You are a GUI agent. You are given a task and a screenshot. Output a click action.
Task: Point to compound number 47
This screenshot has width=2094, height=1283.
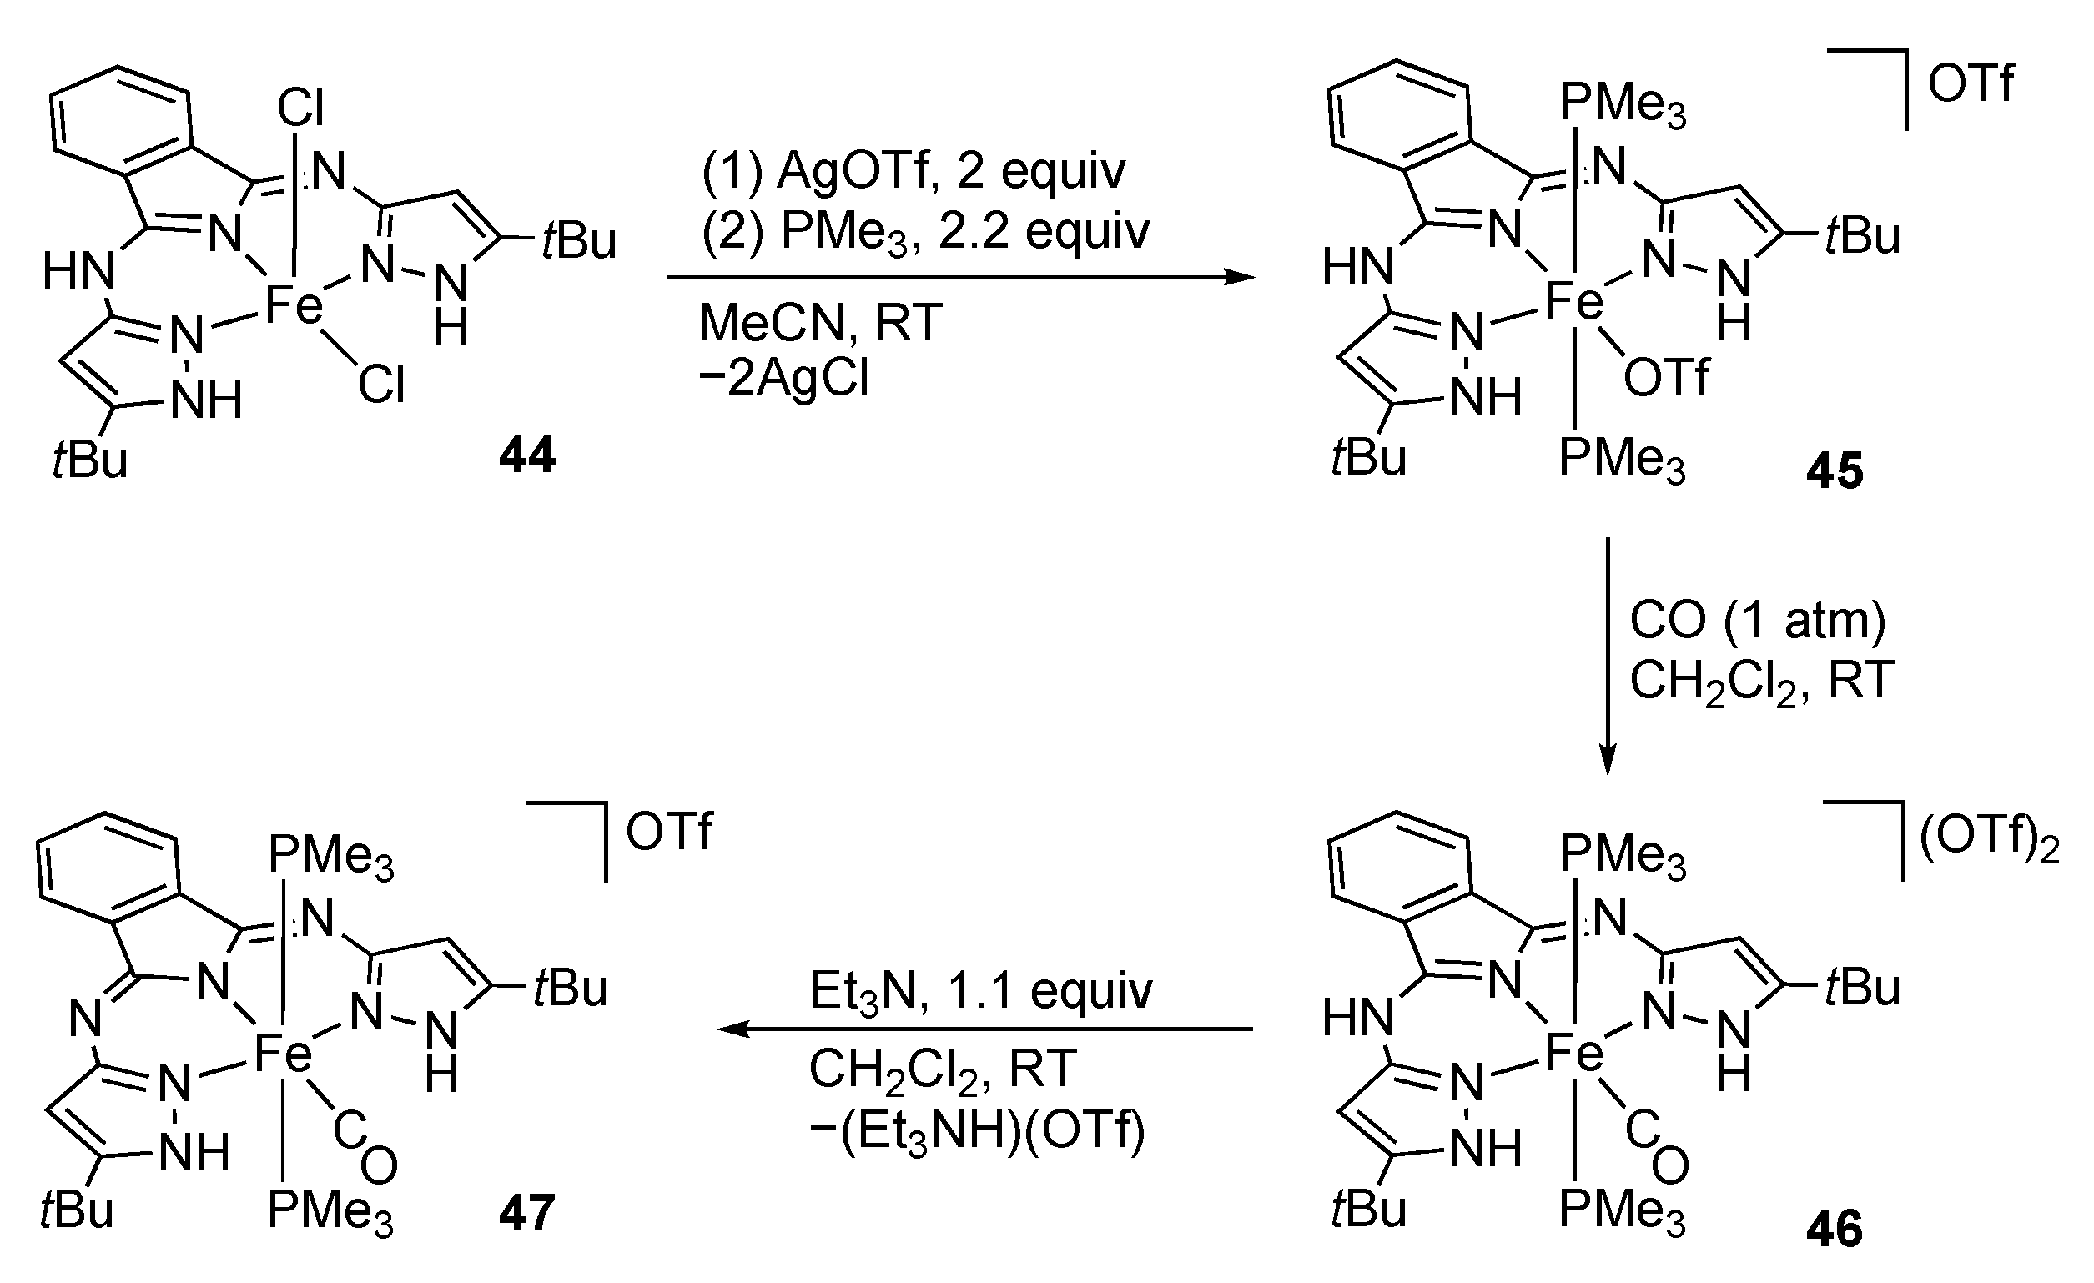pos(527,1211)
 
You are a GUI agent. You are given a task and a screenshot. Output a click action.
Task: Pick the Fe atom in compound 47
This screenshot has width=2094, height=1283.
pos(283,1055)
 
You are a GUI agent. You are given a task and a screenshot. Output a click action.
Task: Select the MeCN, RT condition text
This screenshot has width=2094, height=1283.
pos(820,323)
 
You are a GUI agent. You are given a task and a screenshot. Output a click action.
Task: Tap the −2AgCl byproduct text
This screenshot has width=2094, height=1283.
pos(783,378)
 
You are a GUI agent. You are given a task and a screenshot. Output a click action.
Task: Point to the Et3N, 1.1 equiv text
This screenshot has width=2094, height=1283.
pos(981,991)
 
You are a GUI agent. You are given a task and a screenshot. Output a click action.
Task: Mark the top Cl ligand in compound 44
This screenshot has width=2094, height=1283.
pos(300,108)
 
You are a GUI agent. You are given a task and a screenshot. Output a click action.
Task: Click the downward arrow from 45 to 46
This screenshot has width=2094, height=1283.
pos(1607,654)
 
